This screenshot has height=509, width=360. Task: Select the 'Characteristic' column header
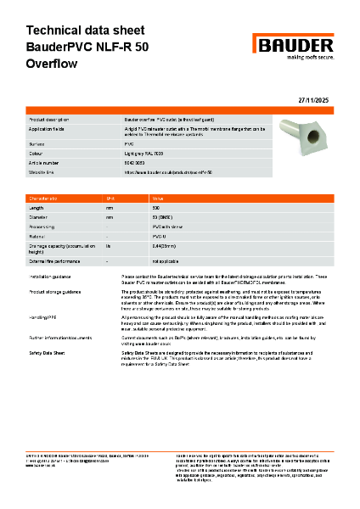(x=48, y=197)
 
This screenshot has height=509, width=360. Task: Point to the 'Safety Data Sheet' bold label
(x=50, y=351)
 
